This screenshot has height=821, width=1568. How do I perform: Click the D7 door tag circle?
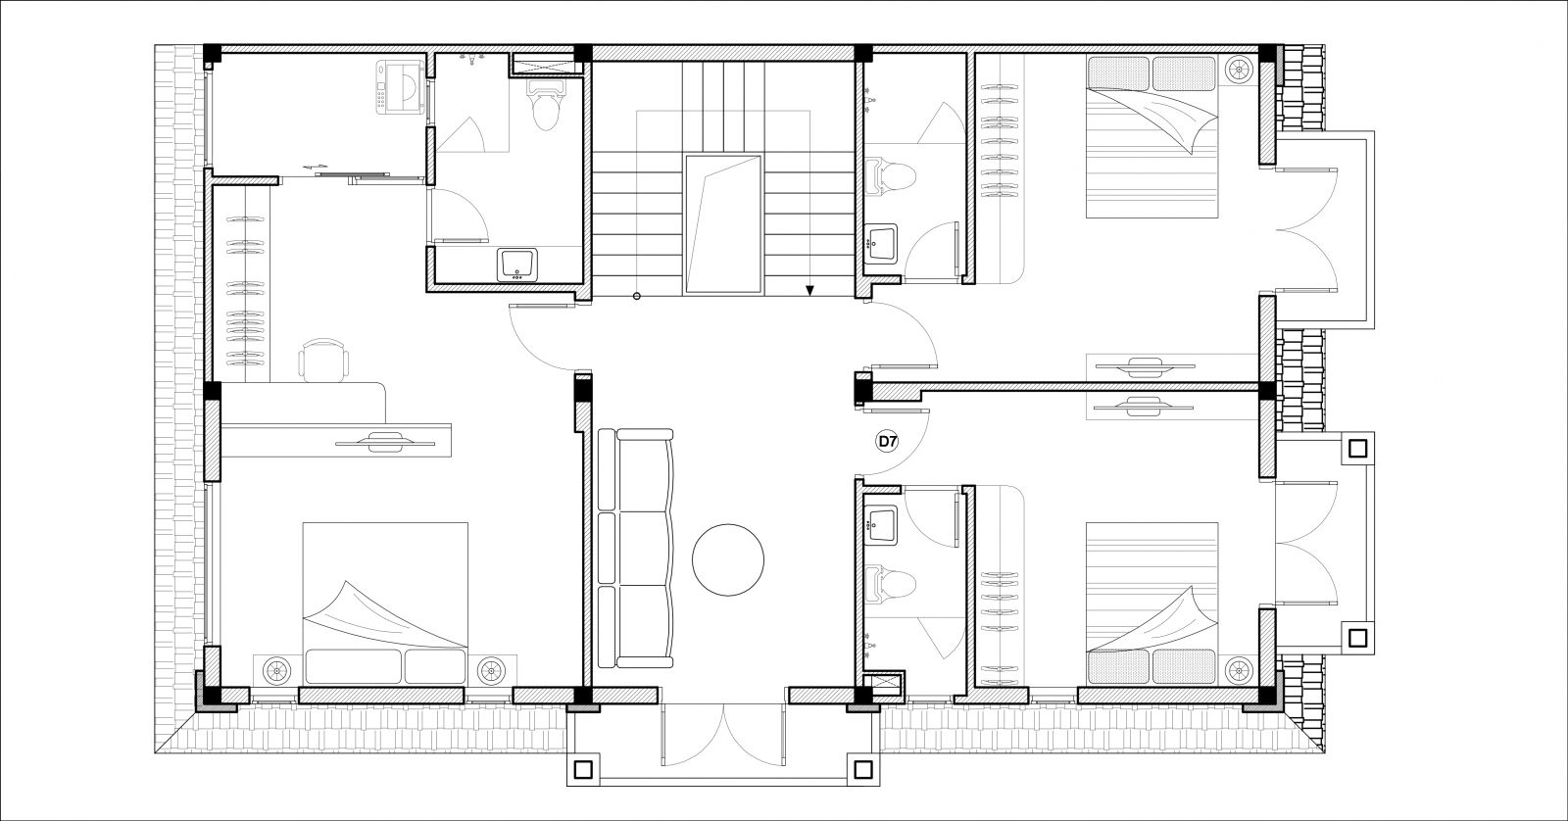tap(888, 442)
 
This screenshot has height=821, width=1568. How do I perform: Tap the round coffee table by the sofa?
tap(728, 560)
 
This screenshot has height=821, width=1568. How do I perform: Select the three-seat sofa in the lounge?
tap(636, 548)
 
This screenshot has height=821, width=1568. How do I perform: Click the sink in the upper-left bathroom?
tap(517, 265)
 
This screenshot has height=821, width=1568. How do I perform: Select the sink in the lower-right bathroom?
tap(881, 526)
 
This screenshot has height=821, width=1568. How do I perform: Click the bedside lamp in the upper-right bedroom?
tap(1239, 70)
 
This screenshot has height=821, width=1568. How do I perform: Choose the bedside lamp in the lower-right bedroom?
tap(1239, 670)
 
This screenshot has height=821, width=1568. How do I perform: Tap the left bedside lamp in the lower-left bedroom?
tap(276, 670)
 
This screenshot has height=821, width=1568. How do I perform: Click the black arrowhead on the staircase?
tap(809, 290)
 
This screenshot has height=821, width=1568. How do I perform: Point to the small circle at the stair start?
tap(636, 296)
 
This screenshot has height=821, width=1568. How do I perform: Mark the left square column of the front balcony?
tap(584, 769)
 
